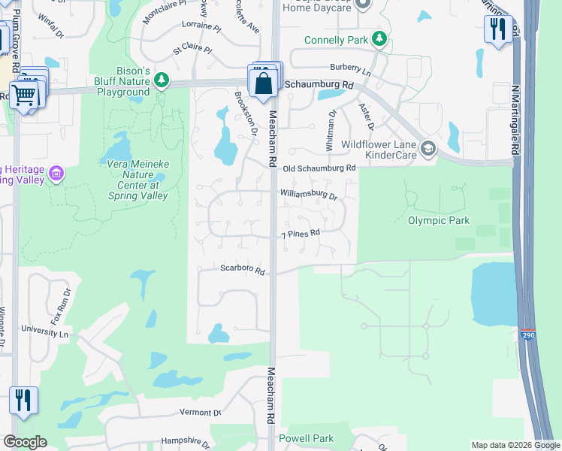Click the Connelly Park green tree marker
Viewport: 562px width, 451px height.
coord(380,39)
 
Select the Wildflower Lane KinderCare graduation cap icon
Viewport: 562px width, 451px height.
coord(428,147)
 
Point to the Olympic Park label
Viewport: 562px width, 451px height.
coord(438,220)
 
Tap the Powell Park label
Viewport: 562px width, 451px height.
coord(306,438)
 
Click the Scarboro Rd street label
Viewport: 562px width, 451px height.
coord(243,269)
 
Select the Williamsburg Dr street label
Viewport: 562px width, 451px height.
coord(309,195)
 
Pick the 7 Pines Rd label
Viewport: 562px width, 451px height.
coord(301,234)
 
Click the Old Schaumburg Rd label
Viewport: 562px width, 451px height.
coord(318,168)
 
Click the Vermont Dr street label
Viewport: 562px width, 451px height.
coord(200,413)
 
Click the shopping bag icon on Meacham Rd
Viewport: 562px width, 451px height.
coord(264,82)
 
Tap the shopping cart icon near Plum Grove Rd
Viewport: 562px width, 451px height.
coord(23,95)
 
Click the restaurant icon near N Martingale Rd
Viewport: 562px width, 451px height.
coord(497,29)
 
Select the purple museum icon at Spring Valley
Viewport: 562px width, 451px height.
coord(55,174)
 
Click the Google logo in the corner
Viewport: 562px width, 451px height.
coord(25,442)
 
